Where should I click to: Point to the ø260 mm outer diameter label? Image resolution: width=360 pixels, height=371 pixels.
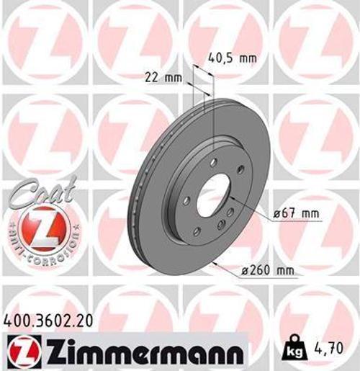pyautogui.click(x=269, y=270)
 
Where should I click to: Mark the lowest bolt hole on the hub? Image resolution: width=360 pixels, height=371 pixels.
pyautogui.click(x=196, y=231)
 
